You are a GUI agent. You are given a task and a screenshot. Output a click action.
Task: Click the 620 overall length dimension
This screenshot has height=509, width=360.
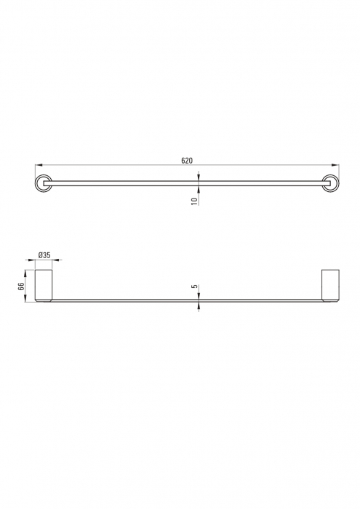(x=187, y=160)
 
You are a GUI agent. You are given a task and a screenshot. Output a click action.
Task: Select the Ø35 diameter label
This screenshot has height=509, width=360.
(x=44, y=255)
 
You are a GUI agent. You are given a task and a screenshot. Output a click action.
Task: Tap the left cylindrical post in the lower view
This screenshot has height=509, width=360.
(x=44, y=284)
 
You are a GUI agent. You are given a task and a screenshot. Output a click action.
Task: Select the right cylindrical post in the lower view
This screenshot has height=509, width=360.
(x=331, y=284)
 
